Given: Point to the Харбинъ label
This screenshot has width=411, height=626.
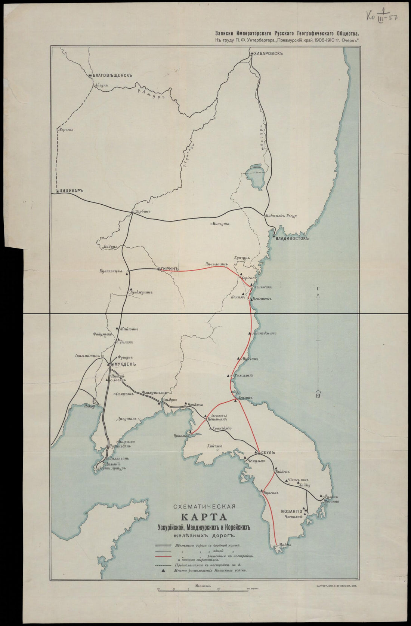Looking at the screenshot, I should [142, 211].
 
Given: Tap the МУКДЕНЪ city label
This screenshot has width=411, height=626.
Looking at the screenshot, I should [124, 364].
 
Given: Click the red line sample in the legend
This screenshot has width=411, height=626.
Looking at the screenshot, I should [163, 557].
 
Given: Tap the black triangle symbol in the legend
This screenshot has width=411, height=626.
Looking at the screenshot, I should [163, 571].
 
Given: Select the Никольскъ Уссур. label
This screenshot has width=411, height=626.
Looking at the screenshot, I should [280, 216].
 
